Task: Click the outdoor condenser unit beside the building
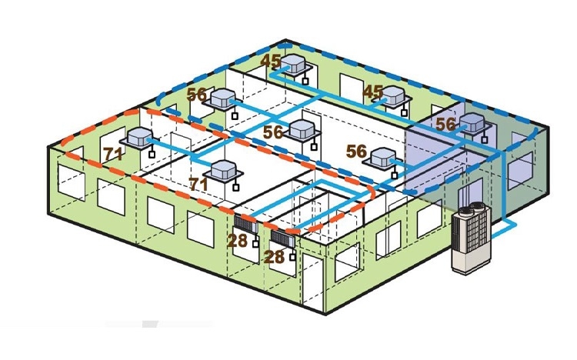pos(472,238)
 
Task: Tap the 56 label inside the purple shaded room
pos(445,124)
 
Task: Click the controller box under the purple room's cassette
pos(484,140)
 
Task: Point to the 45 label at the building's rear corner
pos(271,62)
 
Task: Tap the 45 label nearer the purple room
pos(373,92)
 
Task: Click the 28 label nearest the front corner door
pos(274,257)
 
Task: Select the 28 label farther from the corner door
pos(238,240)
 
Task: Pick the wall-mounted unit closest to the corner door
pos(283,238)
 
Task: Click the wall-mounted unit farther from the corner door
pos(246,224)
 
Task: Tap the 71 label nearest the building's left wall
pos(113,154)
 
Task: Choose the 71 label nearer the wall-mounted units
pos(198,184)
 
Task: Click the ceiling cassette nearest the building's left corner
pos(140,138)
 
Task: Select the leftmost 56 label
pos(197,95)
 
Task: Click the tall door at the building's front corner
pos(312,281)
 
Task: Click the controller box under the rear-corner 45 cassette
pos(305,81)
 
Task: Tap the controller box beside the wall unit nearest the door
pos(292,257)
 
